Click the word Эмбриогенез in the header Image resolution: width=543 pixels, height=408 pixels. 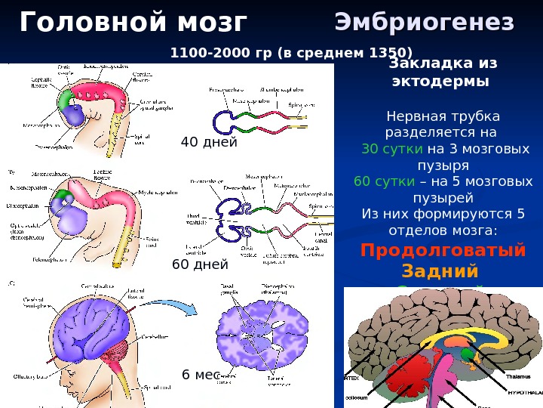click(424, 23)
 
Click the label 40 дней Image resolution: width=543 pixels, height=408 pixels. click(209, 142)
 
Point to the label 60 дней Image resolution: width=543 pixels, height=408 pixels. click(200, 264)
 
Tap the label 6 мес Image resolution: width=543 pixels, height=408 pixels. click(200, 375)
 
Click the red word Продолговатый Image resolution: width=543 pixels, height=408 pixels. click(443, 250)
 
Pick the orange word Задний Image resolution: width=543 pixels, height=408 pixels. click(441, 270)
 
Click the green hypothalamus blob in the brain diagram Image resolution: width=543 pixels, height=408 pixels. click(469, 354)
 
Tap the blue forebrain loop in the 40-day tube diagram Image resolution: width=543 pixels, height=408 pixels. click(224, 122)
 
